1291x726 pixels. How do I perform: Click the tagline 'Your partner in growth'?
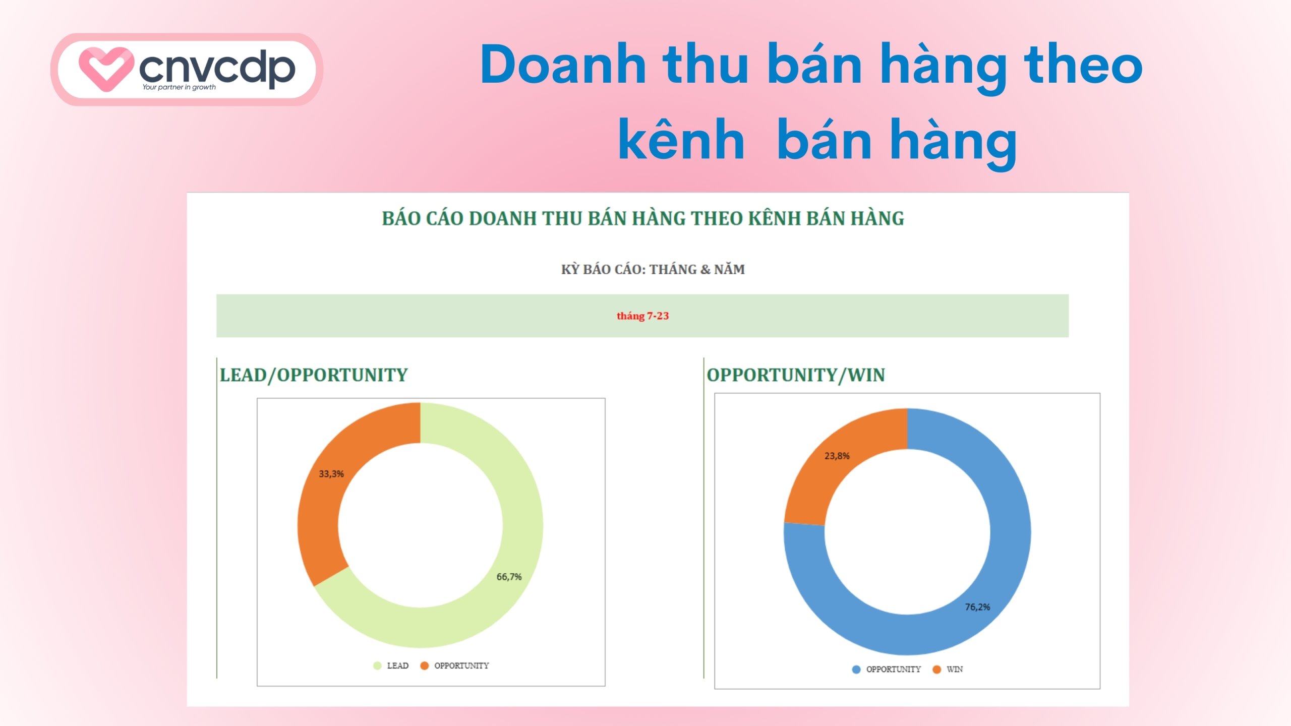point(179,87)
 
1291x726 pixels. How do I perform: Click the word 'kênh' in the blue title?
point(681,140)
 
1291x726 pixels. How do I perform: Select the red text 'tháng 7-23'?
point(642,316)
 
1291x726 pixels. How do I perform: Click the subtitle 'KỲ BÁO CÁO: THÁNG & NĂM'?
point(653,269)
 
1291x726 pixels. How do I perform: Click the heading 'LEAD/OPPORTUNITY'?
point(313,375)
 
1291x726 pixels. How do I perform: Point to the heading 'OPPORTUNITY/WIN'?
point(795,375)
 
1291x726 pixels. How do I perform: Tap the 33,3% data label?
point(331,474)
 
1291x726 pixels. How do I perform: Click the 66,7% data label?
point(509,577)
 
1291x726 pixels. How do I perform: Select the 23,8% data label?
point(837,456)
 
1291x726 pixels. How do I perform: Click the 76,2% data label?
point(977,607)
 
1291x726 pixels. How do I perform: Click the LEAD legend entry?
point(397,665)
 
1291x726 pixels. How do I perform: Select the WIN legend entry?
point(954,669)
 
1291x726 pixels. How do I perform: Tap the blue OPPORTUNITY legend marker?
point(856,670)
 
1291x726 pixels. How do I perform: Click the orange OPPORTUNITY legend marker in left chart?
point(424,665)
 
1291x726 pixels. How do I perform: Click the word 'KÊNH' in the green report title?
point(774,219)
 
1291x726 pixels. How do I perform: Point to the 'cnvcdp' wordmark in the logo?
point(217,68)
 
